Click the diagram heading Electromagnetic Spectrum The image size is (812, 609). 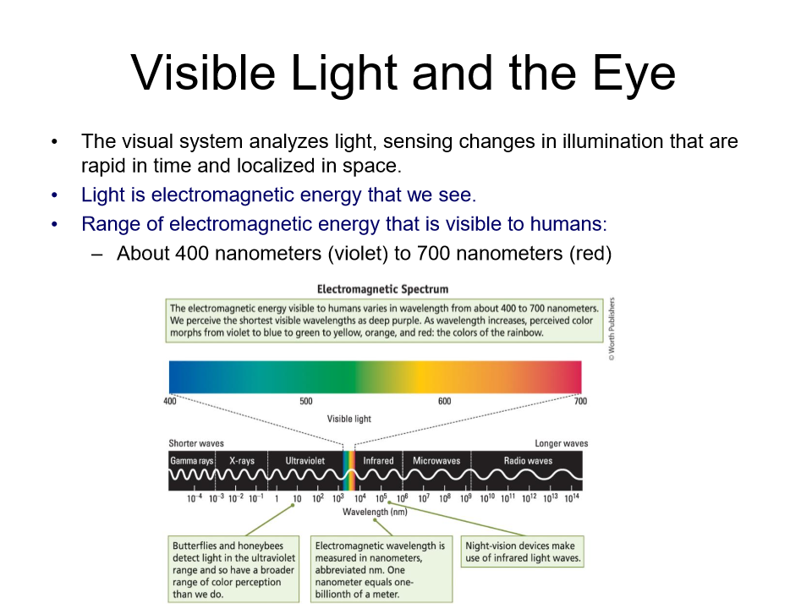[382, 289]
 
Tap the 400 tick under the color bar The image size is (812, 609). [170, 401]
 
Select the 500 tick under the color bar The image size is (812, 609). [306, 401]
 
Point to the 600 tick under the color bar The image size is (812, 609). [444, 401]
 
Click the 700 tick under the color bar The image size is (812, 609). [580, 401]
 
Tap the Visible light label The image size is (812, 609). [348, 419]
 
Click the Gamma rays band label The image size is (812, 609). [191, 461]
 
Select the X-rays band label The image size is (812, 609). [241, 461]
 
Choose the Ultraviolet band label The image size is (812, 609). [304, 461]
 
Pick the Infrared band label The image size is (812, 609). [378, 461]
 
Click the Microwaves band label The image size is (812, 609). [436, 461]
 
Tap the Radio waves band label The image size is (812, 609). [528, 461]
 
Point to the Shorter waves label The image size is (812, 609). [196, 443]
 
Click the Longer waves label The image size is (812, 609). [561, 443]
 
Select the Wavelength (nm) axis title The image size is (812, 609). [375, 512]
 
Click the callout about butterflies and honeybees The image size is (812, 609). [233, 569]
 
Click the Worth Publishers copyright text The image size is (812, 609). [612, 330]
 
